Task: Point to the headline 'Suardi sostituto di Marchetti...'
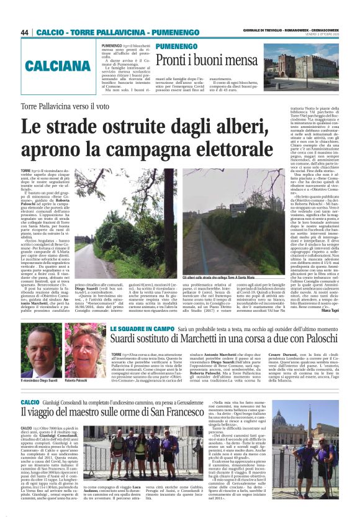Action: pos(220,340)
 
